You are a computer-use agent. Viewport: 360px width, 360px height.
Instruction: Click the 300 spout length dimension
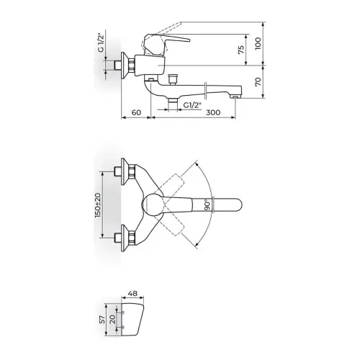point(213,112)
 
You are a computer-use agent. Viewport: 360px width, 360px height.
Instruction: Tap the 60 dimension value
point(137,112)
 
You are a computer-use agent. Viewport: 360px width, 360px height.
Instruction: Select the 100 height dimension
point(258,43)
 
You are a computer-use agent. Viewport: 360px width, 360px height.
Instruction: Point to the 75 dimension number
point(241,50)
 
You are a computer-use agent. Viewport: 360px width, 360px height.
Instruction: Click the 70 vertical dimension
point(258,82)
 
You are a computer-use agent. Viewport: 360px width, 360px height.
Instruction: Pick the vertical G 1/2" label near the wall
point(101,42)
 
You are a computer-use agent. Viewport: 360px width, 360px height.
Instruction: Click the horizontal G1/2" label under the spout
point(192,105)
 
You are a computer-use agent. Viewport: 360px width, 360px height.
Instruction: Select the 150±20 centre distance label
point(98,205)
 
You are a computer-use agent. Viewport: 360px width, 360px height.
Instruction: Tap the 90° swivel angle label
point(208,204)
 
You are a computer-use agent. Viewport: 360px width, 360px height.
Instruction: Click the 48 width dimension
point(132,293)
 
